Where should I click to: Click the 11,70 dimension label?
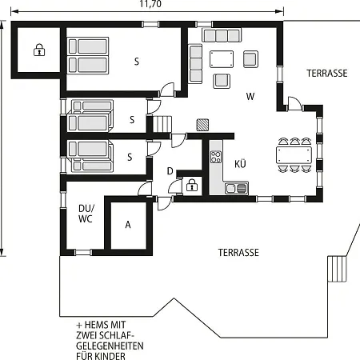150,4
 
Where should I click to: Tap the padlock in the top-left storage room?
39,50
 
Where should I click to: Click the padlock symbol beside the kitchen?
191,185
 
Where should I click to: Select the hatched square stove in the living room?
202,125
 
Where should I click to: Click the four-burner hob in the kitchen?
216,157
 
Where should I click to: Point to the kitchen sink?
236,188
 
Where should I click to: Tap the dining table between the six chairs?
294,155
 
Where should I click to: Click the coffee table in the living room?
222,59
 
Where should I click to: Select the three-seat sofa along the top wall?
222,36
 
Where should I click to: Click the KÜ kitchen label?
240,163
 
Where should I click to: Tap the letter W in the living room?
250,96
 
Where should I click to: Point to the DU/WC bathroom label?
86,214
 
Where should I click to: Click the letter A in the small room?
128,225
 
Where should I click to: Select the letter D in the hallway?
170,171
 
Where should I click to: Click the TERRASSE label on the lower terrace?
238,253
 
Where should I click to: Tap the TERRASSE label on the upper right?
327,74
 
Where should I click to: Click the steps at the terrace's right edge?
337,269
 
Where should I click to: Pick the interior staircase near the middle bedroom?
162,124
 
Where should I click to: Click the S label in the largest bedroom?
137,62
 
